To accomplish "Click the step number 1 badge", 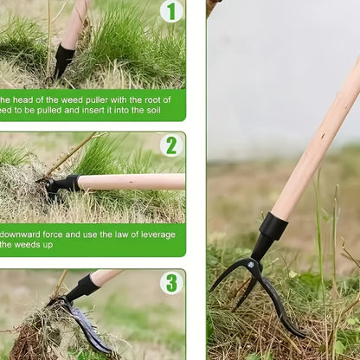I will point(171,11).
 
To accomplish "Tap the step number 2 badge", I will point(171,145).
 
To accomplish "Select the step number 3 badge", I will point(171,283).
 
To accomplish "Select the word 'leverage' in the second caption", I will point(159,235).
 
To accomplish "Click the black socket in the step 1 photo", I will point(62,61).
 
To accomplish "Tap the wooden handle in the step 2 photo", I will point(130,182).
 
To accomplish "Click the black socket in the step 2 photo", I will point(64,183).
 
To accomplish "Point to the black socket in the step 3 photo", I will point(83,287).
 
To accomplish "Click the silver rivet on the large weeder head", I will point(253,263).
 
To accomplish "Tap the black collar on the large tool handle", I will point(273,227).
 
